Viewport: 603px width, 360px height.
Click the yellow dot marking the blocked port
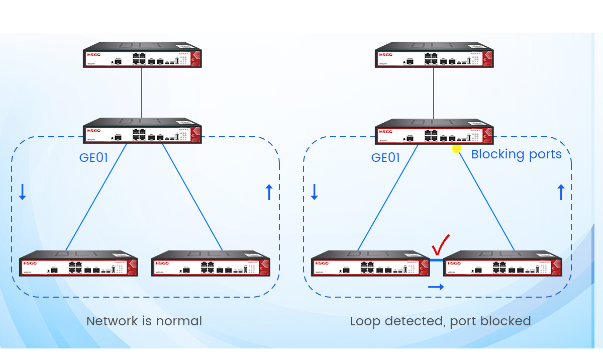coord(457,148)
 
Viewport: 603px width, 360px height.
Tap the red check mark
coord(440,245)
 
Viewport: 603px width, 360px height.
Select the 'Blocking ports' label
coord(516,154)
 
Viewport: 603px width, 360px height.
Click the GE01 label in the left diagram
coord(94,158)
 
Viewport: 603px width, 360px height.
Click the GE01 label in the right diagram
coord(385,158)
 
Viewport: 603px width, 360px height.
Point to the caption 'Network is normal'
coord(144,321)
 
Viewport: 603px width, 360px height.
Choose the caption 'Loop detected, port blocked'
coord(440,321)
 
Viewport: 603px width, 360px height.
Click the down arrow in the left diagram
coord(22,192)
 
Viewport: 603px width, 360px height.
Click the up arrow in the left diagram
coord(269,192)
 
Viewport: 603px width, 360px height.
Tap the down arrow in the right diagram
coord(314,192)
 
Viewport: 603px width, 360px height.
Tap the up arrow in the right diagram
coord(561,192)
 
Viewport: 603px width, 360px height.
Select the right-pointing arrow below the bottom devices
coord(436,287)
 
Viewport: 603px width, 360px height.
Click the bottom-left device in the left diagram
coord(78,264)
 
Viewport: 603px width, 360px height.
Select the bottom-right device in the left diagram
coord(211,264)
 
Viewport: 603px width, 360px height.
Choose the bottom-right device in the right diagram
coord(502,264)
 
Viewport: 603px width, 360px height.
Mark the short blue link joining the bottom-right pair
coord(437,260)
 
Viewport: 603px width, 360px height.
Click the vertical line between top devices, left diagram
coord(142,93)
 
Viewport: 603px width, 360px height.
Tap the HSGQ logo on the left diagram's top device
coord(94,54)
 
